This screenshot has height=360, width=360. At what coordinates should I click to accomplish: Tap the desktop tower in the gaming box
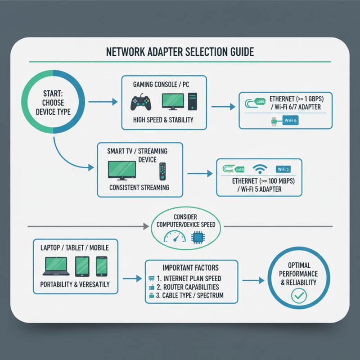(192, 102)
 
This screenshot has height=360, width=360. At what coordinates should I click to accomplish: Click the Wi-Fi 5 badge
(283, 170)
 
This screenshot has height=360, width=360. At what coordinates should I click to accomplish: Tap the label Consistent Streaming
(139, 187)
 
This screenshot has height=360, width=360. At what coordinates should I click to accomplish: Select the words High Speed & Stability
(163, 120)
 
